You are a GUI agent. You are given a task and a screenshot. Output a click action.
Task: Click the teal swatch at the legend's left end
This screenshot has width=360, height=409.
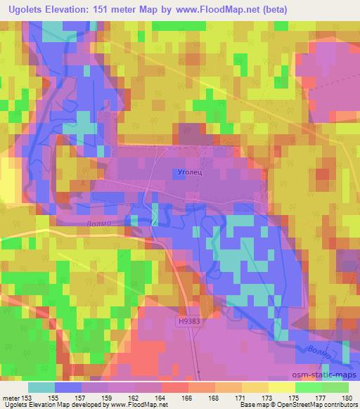pos(42,387)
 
